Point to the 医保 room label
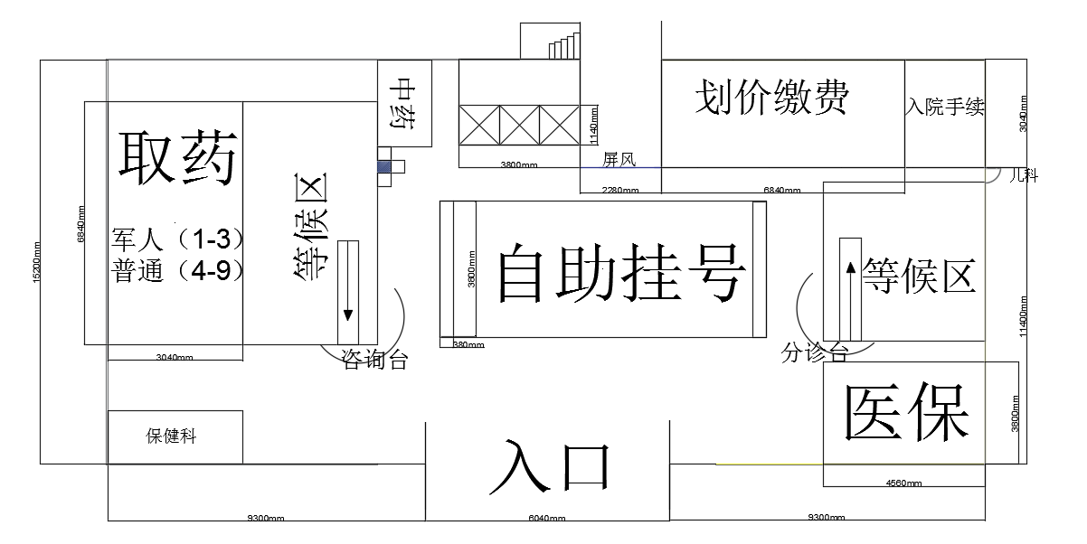click(906, 413)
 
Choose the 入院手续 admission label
click(944, 108)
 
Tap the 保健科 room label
click(171, 436)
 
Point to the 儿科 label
click(1023, 175)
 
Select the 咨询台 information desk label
click(374, 361)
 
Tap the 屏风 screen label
click(619, 160)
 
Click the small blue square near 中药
click(386, 166)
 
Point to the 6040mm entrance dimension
click(546, 519)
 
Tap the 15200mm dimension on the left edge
click(35, 262)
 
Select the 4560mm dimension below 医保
click(904, 483)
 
